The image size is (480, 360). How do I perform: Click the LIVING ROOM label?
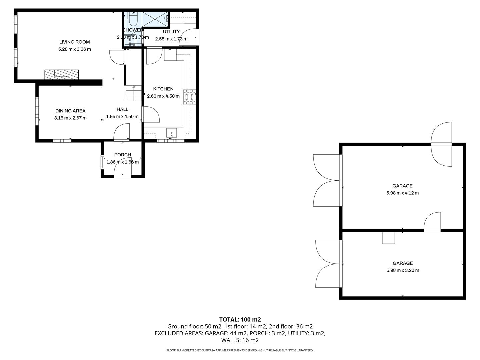[74, 42]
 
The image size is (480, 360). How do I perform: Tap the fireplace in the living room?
[62, 74]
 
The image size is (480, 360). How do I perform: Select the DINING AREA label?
[70, 111]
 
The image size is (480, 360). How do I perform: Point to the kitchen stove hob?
[189, 97]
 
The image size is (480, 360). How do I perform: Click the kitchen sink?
[171, 133]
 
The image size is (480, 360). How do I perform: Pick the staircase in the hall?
[133, 93]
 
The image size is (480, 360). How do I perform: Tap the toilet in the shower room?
[133, 19]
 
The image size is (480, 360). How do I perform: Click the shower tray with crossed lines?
[155, 19]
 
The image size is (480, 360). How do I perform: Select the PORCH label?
[122, 155]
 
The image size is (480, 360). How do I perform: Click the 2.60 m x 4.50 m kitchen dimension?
[163, 96]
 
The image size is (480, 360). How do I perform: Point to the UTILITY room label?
[171, 32]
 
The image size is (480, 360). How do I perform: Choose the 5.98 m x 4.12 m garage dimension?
[402, 193]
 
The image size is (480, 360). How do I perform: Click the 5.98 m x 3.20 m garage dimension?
[403, 270]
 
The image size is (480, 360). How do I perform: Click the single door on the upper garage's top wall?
[442, 144]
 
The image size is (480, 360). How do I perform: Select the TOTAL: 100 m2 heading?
[240, 319]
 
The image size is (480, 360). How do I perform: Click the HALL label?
[122, 109]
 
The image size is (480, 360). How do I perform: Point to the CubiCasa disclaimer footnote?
[240, 350]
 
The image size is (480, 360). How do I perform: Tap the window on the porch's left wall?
[102, 162]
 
